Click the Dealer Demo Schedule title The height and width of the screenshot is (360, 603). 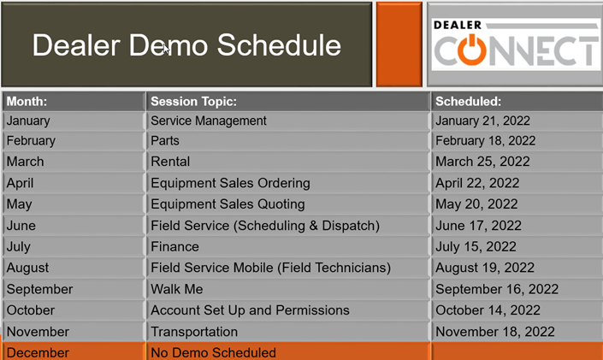186,45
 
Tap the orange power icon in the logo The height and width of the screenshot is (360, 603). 471,50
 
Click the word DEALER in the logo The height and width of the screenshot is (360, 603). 458,25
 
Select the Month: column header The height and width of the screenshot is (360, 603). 27,101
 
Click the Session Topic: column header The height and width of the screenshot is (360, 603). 193,101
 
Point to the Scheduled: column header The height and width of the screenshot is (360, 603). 468,101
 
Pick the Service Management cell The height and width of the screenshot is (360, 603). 209,121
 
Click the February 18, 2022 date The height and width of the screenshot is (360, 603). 485,141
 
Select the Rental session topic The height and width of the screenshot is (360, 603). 170,162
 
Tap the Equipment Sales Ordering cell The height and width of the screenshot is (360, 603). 230,183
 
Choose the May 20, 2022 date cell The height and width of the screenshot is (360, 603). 476,204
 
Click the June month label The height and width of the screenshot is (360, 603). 21,226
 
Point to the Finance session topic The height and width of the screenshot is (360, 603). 175,246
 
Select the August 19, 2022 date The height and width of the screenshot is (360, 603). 485,268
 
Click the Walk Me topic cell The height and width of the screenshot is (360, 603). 177,289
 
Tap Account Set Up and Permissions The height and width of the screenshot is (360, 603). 250,310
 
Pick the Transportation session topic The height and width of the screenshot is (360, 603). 194,332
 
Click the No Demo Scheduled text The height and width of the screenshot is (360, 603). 214,352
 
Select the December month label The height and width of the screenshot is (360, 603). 38,352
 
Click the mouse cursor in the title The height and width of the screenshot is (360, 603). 166,50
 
